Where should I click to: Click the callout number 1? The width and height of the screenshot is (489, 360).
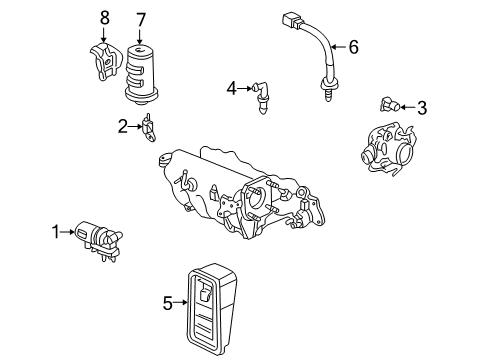(57, 234)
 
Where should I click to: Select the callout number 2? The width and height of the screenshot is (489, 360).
(123, 126)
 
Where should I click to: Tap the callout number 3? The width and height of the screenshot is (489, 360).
(421, 108)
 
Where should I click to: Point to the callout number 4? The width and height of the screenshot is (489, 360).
(231, 90)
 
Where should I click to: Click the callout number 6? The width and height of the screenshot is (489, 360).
(351, 46)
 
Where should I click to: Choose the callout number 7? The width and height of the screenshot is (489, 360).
(141, 18)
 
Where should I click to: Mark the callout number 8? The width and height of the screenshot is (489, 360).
(103, 18)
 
